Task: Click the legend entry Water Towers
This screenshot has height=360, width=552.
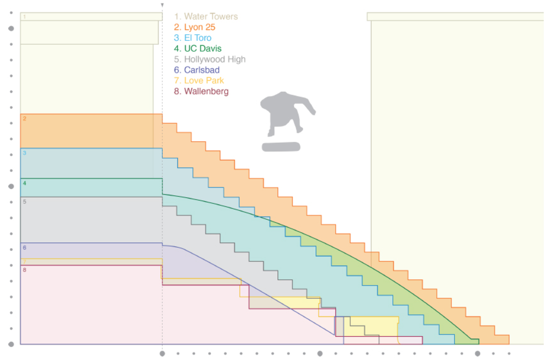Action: (206, 17)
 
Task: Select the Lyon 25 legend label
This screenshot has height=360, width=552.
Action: (195, 27)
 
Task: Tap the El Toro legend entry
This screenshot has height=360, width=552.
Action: (193, 38)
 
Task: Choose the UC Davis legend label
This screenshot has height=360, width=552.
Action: (198, 49)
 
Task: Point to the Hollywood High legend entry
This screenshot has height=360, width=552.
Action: (210, 60)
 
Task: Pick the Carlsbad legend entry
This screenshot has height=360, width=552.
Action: (197, 70)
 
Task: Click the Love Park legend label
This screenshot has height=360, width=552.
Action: (199, 81)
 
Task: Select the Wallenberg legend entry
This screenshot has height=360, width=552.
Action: (201, 91)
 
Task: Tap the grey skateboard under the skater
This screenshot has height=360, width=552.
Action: (281, 147)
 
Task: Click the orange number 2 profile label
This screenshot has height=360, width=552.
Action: (25, 119)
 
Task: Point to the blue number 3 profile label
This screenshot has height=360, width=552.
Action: (25, 153)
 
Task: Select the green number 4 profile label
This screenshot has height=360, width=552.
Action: (25, 183)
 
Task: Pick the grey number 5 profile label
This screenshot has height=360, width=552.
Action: (25, 202)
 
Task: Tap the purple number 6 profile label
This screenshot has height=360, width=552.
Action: (25, 248)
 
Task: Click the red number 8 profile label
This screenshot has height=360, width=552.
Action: (25, 270)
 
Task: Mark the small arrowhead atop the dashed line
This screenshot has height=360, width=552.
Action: (162, 5)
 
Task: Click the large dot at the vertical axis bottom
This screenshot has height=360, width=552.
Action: (11, 345)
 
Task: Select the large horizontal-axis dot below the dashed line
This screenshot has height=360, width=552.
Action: (162, 354)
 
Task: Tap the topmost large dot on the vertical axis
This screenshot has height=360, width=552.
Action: (11, 29)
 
